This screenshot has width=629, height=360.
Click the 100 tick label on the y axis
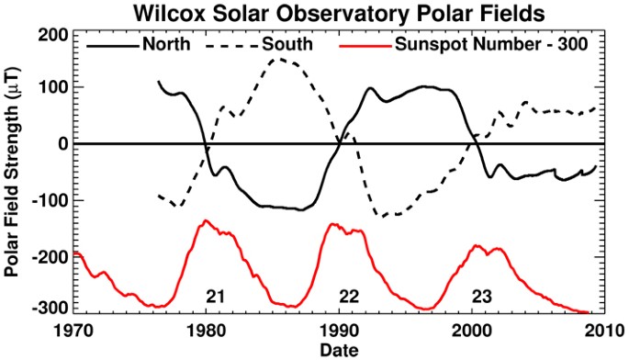coord(52,87)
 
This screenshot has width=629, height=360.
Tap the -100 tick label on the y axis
coord(49,200)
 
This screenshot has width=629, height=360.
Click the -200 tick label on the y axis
coord(49,257)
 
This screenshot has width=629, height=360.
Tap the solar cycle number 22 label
coord(348,296)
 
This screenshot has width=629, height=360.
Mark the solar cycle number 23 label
coord(482,296)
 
